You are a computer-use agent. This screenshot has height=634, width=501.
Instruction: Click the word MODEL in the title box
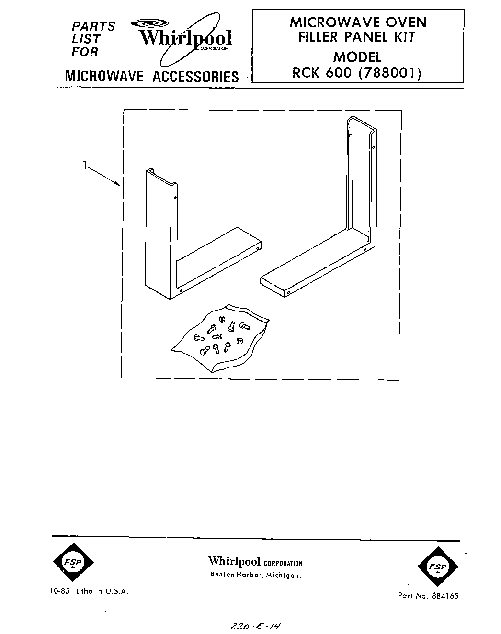click(357, 56)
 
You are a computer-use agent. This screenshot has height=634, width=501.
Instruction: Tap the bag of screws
click(218, 337)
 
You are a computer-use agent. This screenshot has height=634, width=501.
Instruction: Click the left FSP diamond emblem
click(72, 564)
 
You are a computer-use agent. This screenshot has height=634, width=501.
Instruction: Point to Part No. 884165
click(427, 596)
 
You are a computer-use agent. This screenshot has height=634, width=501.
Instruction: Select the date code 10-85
click(59, 591)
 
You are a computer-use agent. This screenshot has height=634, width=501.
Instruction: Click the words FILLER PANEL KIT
click(356, 37)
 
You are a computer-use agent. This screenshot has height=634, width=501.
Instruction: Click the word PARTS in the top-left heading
click(94, 26)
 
